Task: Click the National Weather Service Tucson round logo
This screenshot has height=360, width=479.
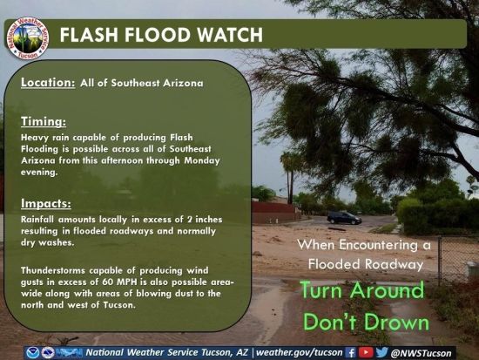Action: pyautogui.click(x=27, y=38)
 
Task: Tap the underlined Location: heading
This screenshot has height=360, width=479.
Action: pyautogui.click(x=48, y=82)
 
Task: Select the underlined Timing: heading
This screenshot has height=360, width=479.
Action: pyautogui.click(x=44, y=121)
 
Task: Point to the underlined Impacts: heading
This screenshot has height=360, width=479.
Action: pyautogui.click(x=46, y=203)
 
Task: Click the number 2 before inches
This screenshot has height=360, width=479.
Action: pyautogui.click(x=189, y=220)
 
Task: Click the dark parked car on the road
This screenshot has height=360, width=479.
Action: pyautogui.click(x=344, y=218)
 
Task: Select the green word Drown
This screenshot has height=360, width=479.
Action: pyautogui.click(x=397, y=323)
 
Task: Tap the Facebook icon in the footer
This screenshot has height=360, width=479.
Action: pyautogui.click(x=351, y=353)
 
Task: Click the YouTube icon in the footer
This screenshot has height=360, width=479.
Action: pyautogui.click(x=366, y=353)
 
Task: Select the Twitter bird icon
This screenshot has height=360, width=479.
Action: pyautogui.click(x=381, y=352)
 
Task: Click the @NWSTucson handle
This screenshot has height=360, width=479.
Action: pyautogui.click(x=421, y=353)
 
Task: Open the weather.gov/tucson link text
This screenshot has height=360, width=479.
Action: pyautogui.click(x=299, y=353)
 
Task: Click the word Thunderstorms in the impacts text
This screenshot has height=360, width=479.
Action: pyautogui.click(x=53, y=271)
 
